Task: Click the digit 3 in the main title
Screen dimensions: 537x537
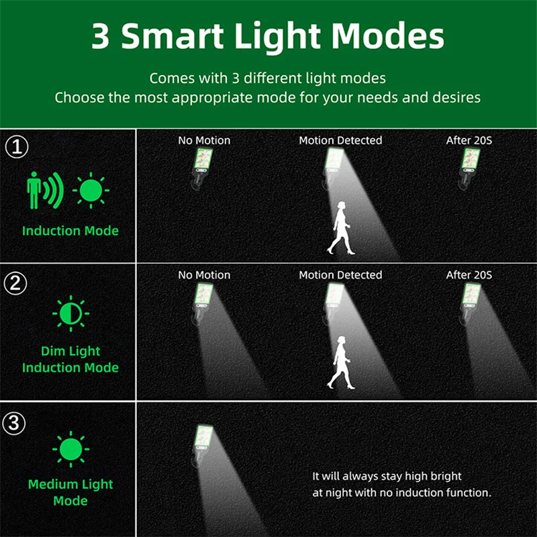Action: pos(101,38)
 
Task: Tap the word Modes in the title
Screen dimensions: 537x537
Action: pos(389,38)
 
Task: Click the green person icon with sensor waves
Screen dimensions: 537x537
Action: pos(44,191)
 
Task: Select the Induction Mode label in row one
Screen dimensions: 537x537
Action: pos(70,231)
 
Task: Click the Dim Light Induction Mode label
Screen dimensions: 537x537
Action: pos(70,359)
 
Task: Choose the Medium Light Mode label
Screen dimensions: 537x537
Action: pos(70,492)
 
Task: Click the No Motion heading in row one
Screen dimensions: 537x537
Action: pos(204,141)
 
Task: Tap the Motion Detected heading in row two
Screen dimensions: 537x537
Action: pos(340,275)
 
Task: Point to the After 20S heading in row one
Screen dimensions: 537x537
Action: pos(469,141)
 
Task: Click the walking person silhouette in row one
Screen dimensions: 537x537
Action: pos(340,228)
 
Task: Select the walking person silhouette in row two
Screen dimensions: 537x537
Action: pos(340,362)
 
